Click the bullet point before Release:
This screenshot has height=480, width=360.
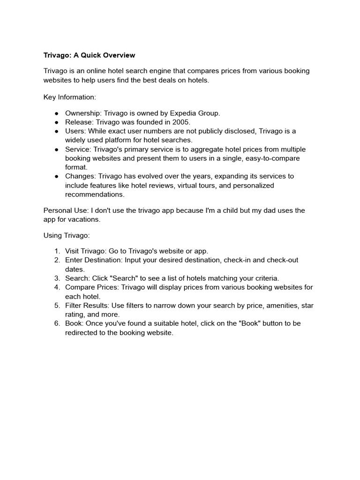(x=56, y=122)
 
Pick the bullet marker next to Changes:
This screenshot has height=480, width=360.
(x=56, y=176)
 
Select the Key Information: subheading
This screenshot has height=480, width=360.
(x=70, y=97)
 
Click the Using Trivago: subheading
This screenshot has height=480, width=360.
(x=67, y=235)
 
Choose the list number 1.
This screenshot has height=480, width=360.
(x=57, y=251)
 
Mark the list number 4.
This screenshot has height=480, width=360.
(x=57, y=287)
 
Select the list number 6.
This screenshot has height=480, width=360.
(x=57, y=323)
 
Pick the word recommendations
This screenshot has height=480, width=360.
(x=95, y=194)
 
